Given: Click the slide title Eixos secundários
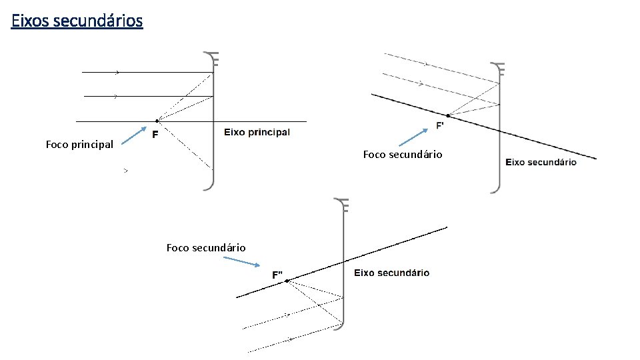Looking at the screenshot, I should (x=77, y=21).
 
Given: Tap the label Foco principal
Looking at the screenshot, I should (x=79, y=144).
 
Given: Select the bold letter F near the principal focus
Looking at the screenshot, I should (x=155, y=135).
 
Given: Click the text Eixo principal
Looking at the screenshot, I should (x=257, y=132).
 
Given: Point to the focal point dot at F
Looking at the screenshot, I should (x=156, y=121).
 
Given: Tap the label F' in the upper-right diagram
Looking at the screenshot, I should (x=440, y=125).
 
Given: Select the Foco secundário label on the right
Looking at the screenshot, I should (x=402, y=155).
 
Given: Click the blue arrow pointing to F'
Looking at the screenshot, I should (x=413, y=137).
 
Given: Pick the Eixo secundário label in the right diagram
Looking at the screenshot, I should (x=541, y=162).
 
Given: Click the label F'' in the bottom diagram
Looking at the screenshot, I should (x=277, y=274).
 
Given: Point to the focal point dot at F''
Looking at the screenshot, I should (x=285, y=281).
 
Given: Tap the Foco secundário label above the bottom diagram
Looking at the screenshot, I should (x=206, y=248).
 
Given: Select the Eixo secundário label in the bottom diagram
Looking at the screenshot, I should (x=391, y=273).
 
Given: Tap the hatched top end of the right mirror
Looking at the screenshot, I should (x=498, y=69).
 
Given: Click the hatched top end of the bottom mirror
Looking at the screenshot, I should (x=343, y=206).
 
